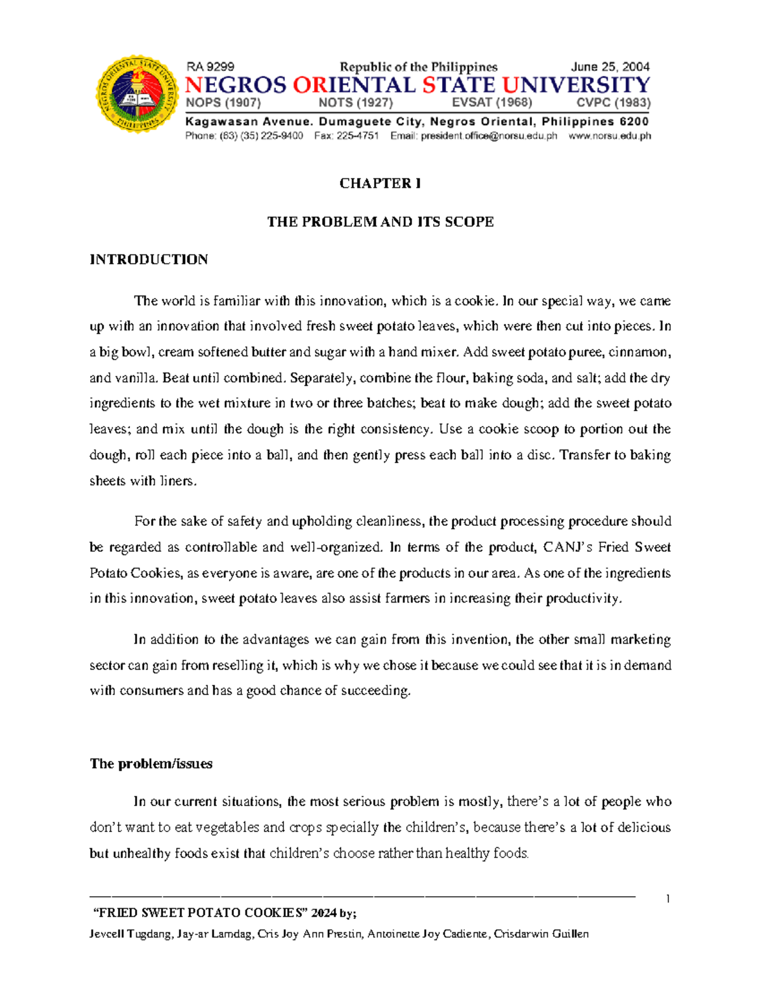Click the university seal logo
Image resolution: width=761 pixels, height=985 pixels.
tap(137, 94)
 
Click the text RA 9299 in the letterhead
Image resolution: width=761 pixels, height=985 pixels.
tap(210, 67)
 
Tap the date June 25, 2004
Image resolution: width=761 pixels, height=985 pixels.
tap(610, 67)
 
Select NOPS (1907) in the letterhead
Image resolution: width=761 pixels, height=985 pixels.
tap(223, 103)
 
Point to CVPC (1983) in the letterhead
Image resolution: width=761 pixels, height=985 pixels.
tap(613, 103)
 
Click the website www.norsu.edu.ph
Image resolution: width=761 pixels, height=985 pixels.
tap(609, 136)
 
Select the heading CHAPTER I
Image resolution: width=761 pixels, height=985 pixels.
tap(380, 183)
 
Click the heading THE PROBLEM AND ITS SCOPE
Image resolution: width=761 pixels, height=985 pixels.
tap(380, 221)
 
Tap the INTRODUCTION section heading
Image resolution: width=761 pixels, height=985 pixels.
tap(148, 259)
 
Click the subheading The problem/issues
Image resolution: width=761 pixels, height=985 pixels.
tap(151, 764)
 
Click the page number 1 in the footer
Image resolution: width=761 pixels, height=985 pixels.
tap(668, 898)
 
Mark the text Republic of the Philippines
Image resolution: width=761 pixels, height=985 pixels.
tap(419, 67)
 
